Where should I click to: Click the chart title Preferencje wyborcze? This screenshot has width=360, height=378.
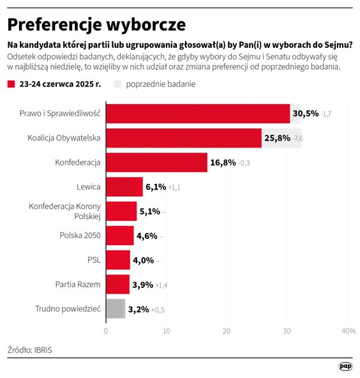pyautogui.click(x=96, y=24)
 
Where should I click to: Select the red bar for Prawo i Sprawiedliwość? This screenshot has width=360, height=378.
pyautogui.click(x=198, y=114)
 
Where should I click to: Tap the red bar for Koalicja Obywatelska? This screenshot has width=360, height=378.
pyautogui.click(x=184, y=138)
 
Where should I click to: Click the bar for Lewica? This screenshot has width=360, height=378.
pyautogui.click(x=124, y=186)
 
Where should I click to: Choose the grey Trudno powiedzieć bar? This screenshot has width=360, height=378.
pyautogui.click(x=116, y=308)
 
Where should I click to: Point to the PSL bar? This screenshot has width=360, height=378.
pyautogui.click(x=118, y=260)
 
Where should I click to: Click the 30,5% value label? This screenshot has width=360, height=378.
pyautogui.click(x=305, y=114)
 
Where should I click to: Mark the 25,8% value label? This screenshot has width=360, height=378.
pyautogui.click(x=277, y=138)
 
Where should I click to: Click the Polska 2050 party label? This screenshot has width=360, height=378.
pyautogui.click(x=80, y=236)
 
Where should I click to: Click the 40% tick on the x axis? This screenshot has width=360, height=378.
pyautogui.click(x=348, y=331)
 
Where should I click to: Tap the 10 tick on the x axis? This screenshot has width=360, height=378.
pyautogui.click(x=166, y=331)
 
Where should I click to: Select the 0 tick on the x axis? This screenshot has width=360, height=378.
pyautogui.click(x=106, y=331)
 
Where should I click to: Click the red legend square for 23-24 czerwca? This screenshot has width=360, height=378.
pyautogui.click(x=11, y=84)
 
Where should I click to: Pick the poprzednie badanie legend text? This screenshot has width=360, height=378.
pyautogui.click(x=161, y=84)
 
